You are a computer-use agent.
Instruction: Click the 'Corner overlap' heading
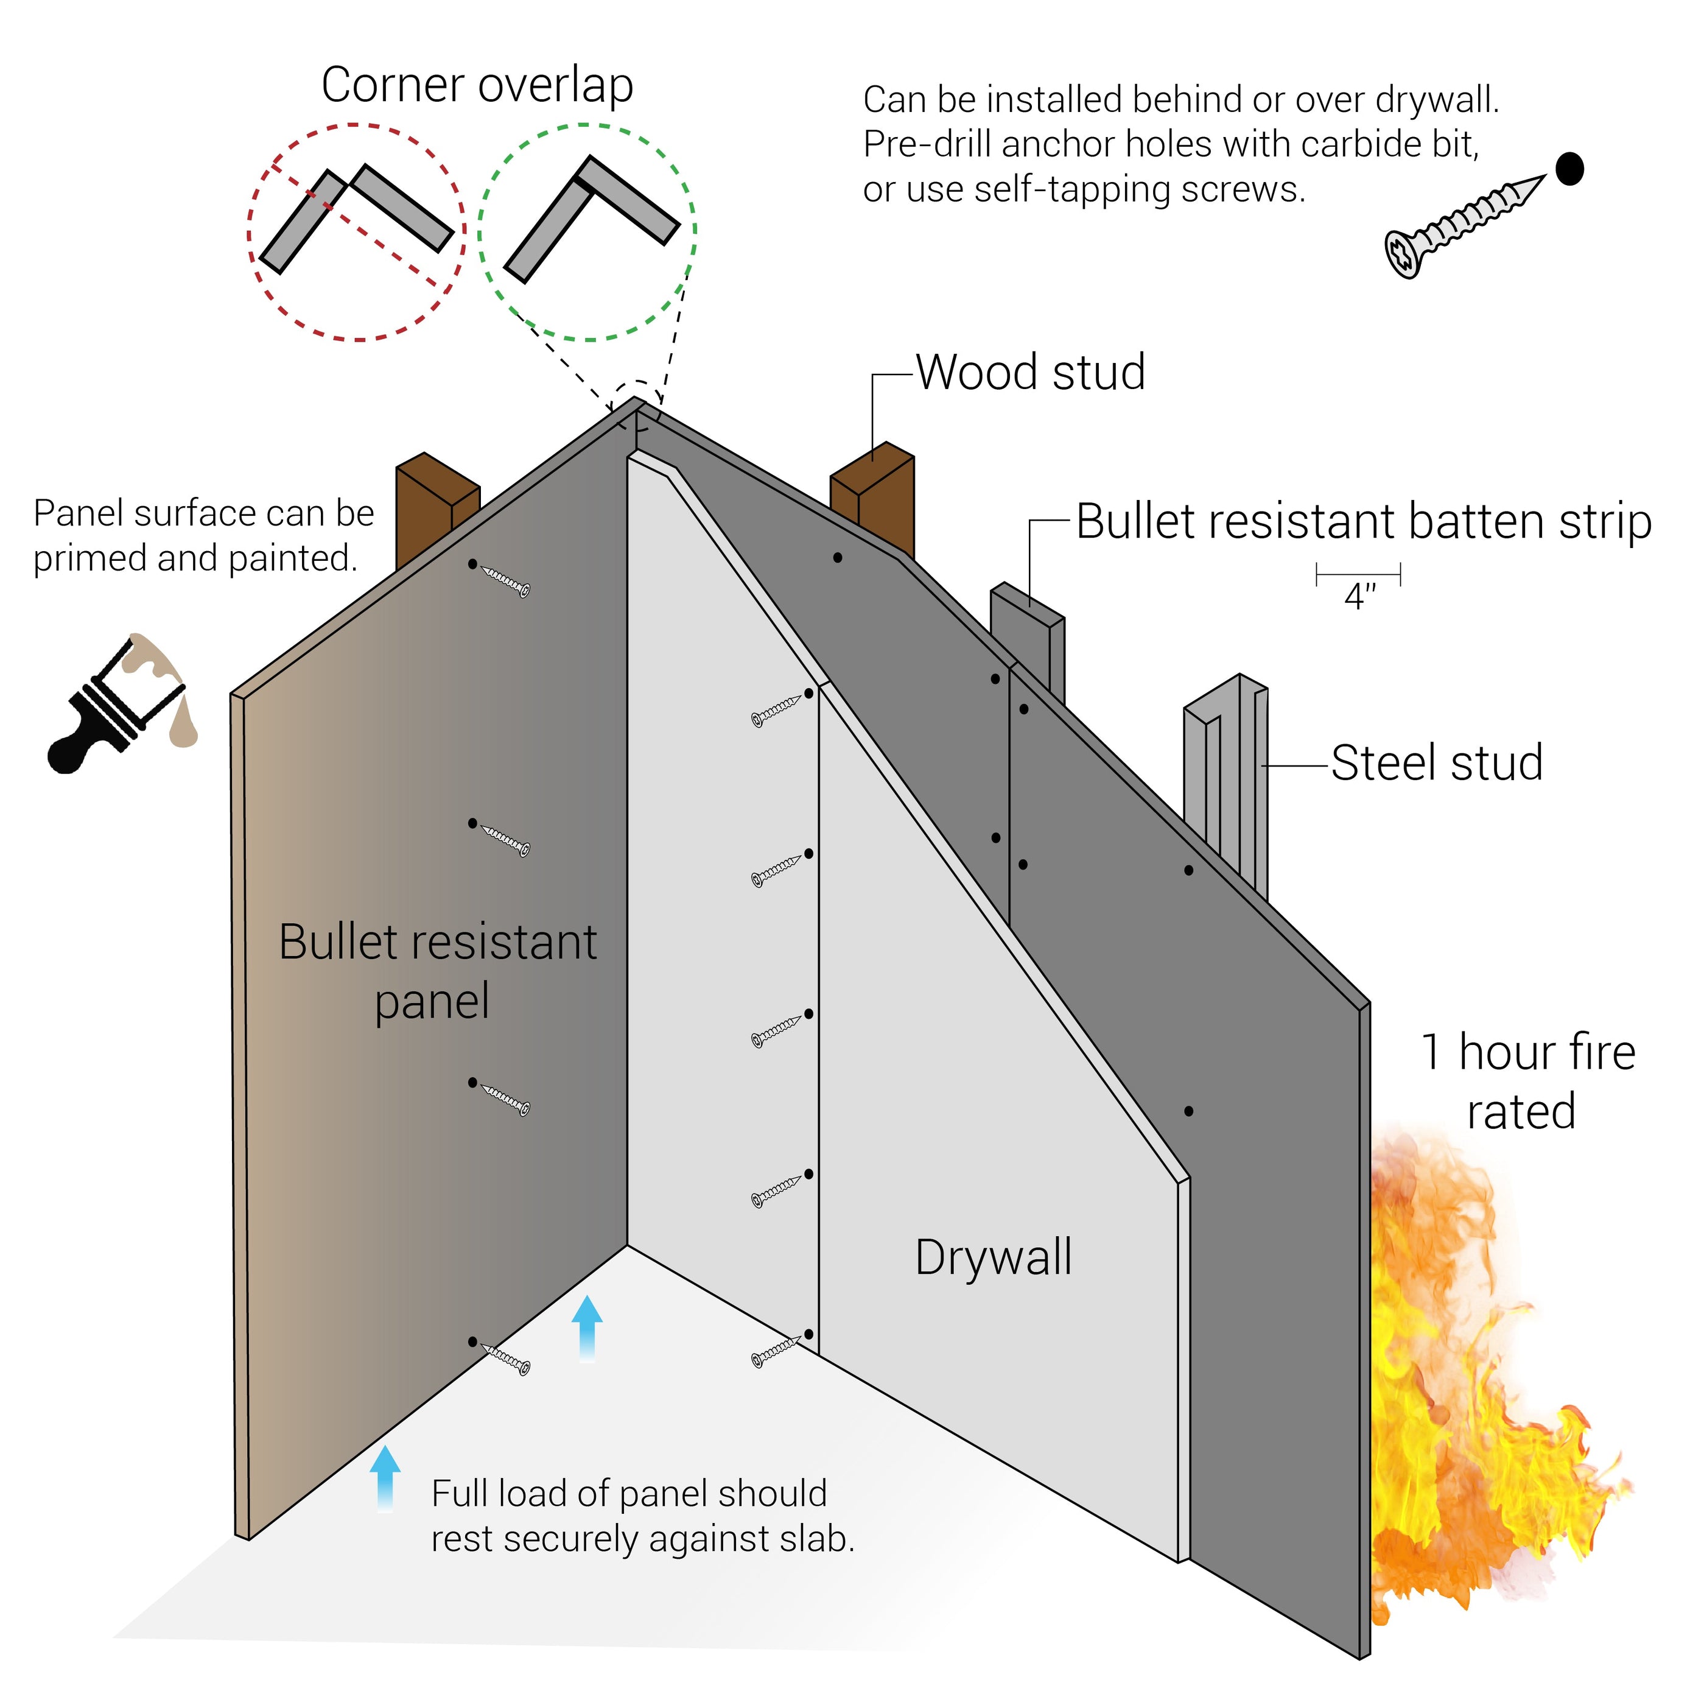point(477,86)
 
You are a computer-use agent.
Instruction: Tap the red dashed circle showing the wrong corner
point(357,232)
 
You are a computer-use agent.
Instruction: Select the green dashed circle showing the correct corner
point(587,232)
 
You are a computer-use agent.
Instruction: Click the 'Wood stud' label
point(1030,373)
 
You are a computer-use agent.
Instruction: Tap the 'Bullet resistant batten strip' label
point(1362,522)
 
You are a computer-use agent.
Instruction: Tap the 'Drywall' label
point(994,1257)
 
